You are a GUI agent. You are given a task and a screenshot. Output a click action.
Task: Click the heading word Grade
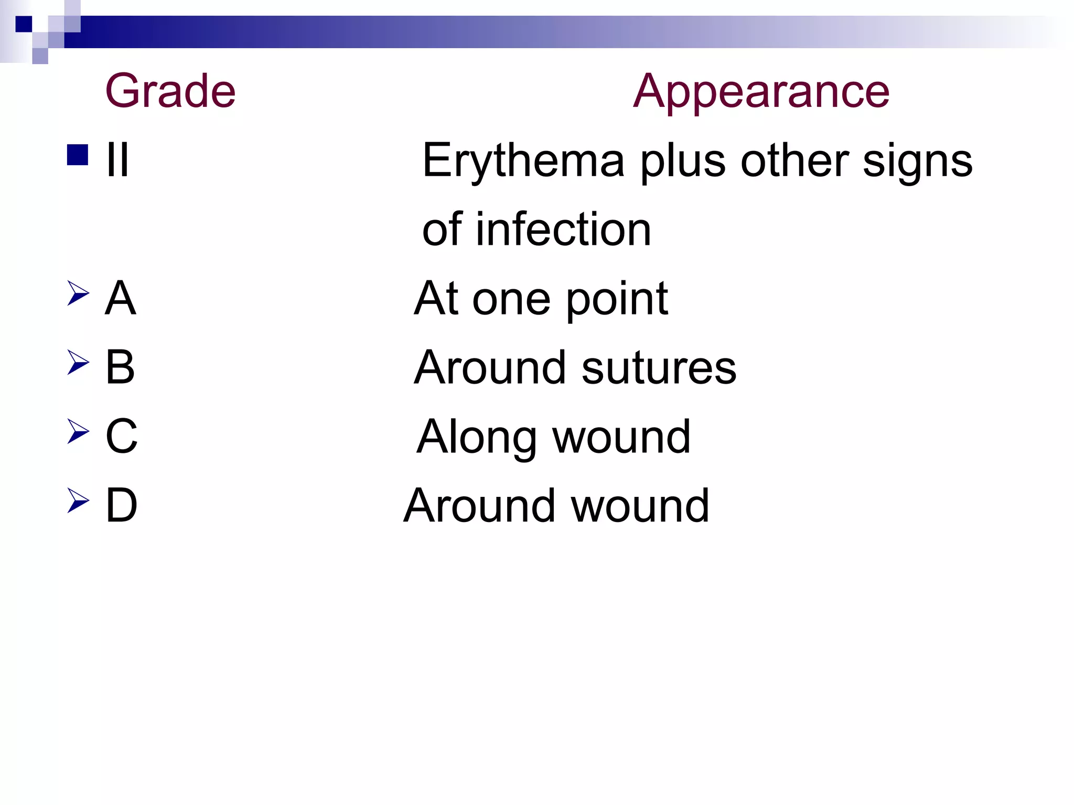[x=170, y=91]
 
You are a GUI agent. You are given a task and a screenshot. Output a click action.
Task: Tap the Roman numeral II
[x=117, y=160]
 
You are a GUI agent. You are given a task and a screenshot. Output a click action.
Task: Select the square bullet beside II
[x=78, y=155]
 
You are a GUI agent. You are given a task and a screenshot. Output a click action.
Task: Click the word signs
[x=918, y=160]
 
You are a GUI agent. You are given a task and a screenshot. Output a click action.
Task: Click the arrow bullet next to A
[x=78, y=293]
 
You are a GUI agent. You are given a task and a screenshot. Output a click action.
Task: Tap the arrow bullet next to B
[x=78, y=362]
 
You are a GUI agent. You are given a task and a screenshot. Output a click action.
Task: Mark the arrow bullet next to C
[x=78, y=431]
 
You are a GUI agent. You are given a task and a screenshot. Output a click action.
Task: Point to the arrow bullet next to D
[x=78, y=501]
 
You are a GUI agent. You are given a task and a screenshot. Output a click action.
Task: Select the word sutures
[x=659, y=368]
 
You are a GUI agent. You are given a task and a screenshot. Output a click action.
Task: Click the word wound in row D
[x=640, y=506]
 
